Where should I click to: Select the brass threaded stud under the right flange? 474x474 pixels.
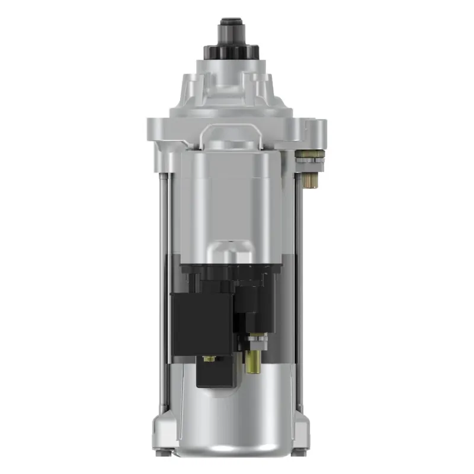point(310,179)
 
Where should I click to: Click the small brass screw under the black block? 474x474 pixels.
point(208,359)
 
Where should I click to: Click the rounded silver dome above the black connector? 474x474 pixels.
point(232,252)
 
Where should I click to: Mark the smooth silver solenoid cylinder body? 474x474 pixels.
point(231,196)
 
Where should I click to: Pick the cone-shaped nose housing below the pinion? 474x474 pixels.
point(231,89)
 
